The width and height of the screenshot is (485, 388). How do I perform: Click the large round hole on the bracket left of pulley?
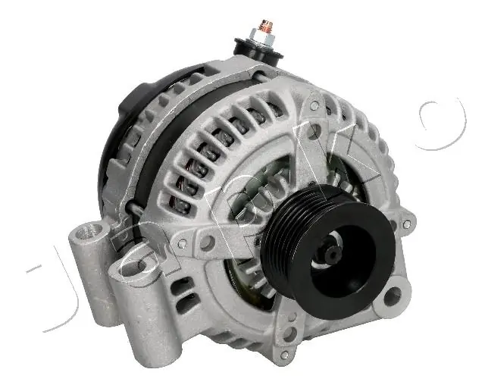point(205,243)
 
